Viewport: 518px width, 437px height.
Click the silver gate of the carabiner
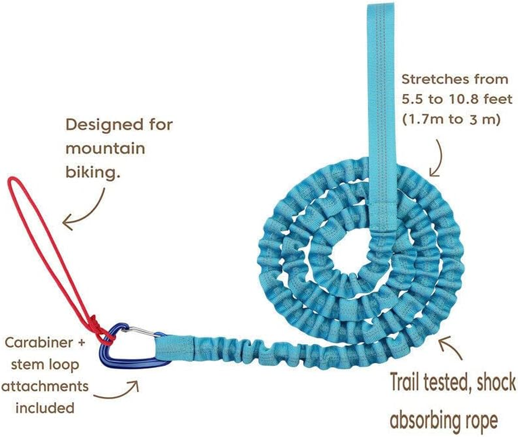tap(143, 332)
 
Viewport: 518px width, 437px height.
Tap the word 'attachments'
tap(45, 386)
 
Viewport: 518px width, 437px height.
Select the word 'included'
tap(45, 408)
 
